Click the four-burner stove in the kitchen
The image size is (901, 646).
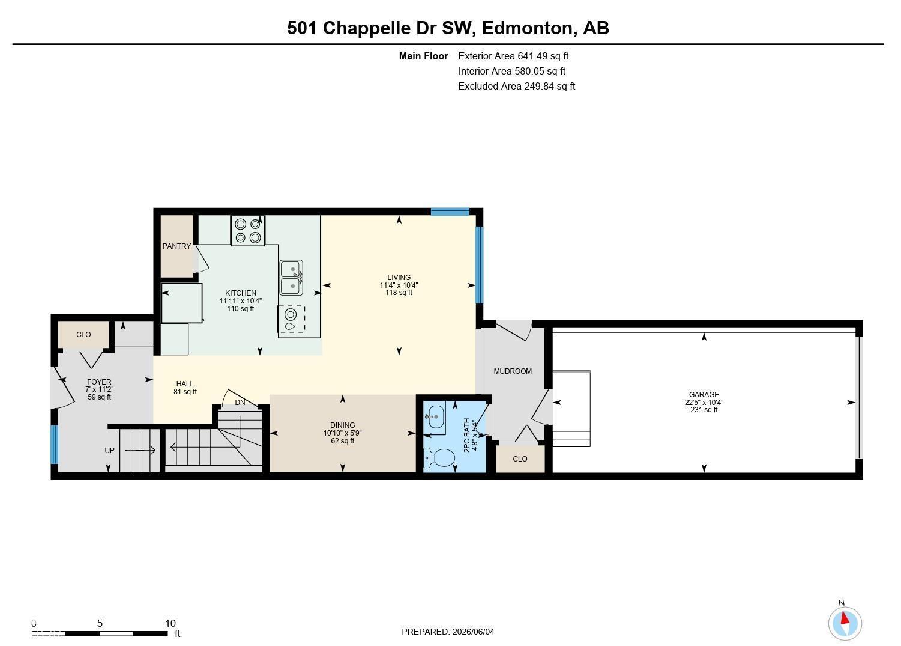(x=248, y=231)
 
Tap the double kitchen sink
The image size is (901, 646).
(x=291, y=278)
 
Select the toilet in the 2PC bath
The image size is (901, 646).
(x=439, y=458)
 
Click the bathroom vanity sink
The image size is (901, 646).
(x=435, y=417)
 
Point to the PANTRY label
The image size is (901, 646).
(x=176, y=246)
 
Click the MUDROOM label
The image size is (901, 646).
(x=513, y=371)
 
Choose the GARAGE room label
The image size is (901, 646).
(x=704, y=395)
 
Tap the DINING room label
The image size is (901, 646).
(x=342, y=425)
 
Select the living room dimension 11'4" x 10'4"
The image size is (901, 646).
(x=399, y=285)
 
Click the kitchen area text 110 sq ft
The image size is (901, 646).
(x=241, y=309)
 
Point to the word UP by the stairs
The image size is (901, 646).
(x=109, y=451)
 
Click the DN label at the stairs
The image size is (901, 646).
(x=240, y=403)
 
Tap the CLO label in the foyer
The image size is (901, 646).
(x=83, y=335)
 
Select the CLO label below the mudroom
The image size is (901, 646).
(x=520, y=459)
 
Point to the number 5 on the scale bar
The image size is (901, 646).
(x=100, y=623)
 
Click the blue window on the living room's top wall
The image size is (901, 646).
(x=450, y=212)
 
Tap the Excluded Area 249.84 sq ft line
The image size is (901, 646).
(x=516, y=86)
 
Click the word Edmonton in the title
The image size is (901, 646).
(x=527, y=28)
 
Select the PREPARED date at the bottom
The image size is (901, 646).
(x=448, y=632)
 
